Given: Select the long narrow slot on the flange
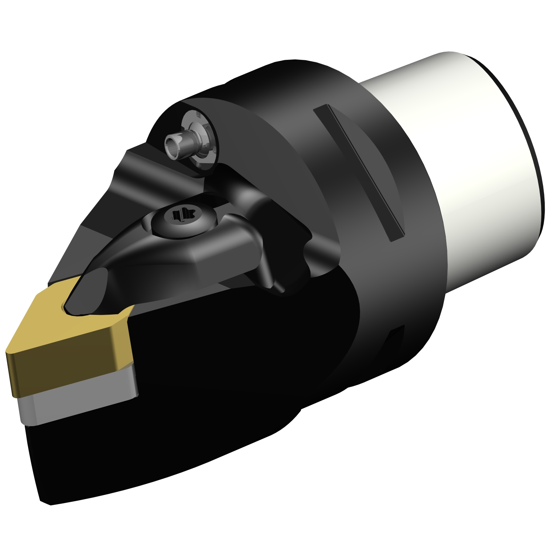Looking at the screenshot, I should click(358, 172).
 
